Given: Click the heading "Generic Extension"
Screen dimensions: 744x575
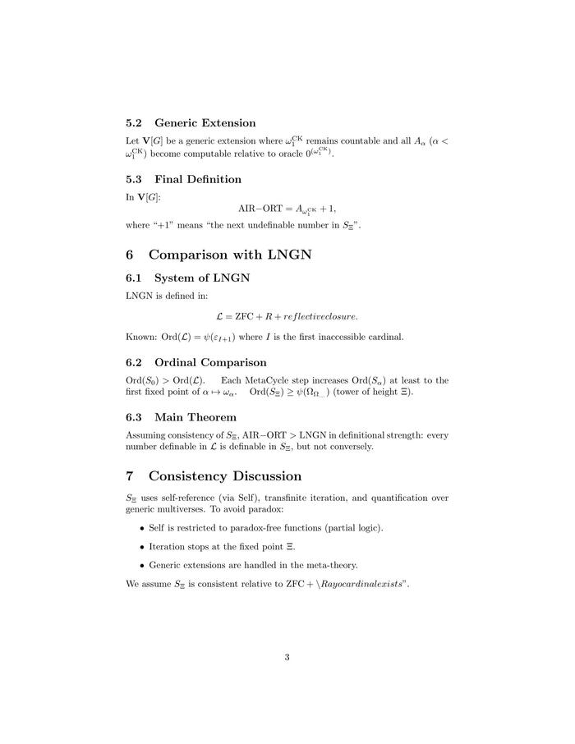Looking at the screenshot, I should tap(205, 123).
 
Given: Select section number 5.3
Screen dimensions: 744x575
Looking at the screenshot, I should tap(135, 179).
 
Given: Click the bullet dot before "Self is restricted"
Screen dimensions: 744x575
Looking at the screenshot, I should tap(142, 528).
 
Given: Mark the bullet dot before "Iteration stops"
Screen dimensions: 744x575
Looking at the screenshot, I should tap(142, 547).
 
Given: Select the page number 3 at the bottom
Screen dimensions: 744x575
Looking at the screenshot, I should tap(287, 656).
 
